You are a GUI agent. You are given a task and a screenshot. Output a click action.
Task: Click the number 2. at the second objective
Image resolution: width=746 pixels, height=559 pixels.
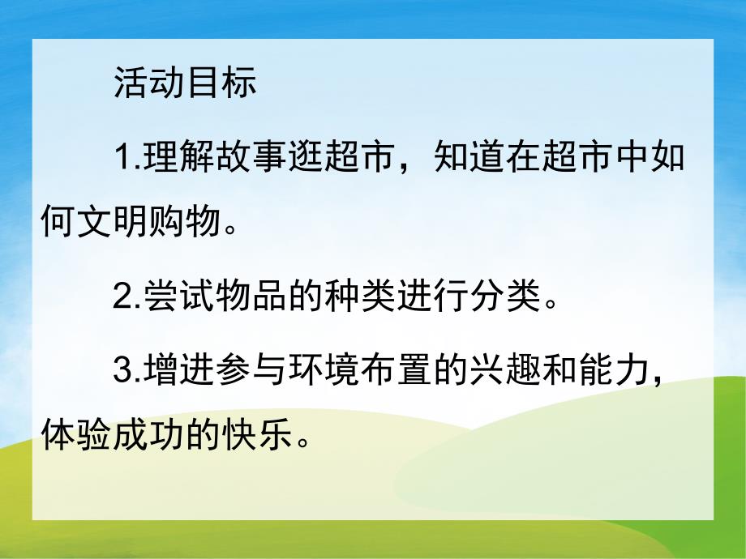128,301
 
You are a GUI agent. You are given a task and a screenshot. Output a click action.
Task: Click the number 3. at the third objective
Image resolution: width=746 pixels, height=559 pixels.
128,373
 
